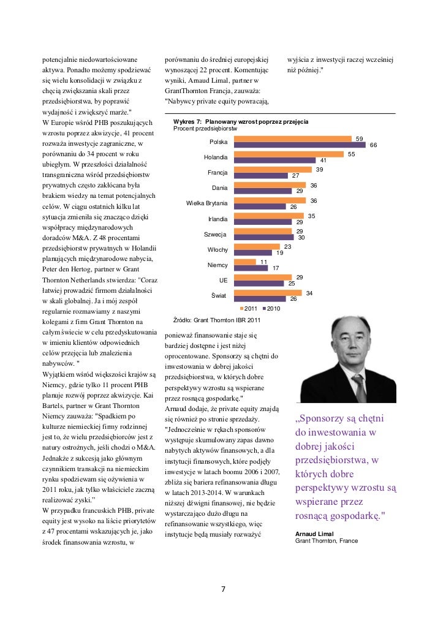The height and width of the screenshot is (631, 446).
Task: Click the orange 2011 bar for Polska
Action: (x=295, y=139)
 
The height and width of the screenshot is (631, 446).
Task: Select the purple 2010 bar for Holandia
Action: (x=278, y=161)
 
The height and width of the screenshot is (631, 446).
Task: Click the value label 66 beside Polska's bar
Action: (x=373, y=145)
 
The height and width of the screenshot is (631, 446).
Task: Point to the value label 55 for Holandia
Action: (x=352, y=154)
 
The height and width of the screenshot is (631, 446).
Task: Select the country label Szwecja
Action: (x=215, y=234)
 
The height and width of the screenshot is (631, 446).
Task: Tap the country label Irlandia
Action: (x=218, y=219)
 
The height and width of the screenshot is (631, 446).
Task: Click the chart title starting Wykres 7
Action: (x=241, y=123)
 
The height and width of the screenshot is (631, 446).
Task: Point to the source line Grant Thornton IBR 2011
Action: (x=217, y=320)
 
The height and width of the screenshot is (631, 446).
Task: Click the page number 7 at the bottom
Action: (x=223, y=589)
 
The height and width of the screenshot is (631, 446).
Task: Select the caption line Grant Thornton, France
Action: (x=327, y=542)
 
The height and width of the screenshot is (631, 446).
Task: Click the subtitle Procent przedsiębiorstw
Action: (x=205, y=129)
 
